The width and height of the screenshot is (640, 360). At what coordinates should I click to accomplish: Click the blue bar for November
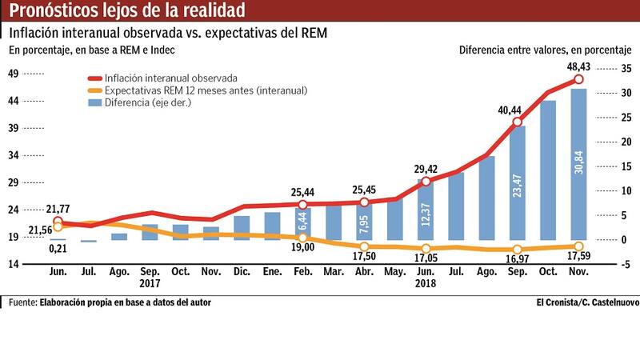[x=578, y=164]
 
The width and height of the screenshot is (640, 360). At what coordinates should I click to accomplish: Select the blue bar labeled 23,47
[x=517, y=182]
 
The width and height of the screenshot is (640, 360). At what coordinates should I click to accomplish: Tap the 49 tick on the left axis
[x=14, y=74]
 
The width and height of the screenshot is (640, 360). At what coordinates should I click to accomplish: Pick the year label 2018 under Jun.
[x=425, y=282]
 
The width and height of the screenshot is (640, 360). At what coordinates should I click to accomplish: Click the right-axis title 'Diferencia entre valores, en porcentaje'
[x=546, y=50]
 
